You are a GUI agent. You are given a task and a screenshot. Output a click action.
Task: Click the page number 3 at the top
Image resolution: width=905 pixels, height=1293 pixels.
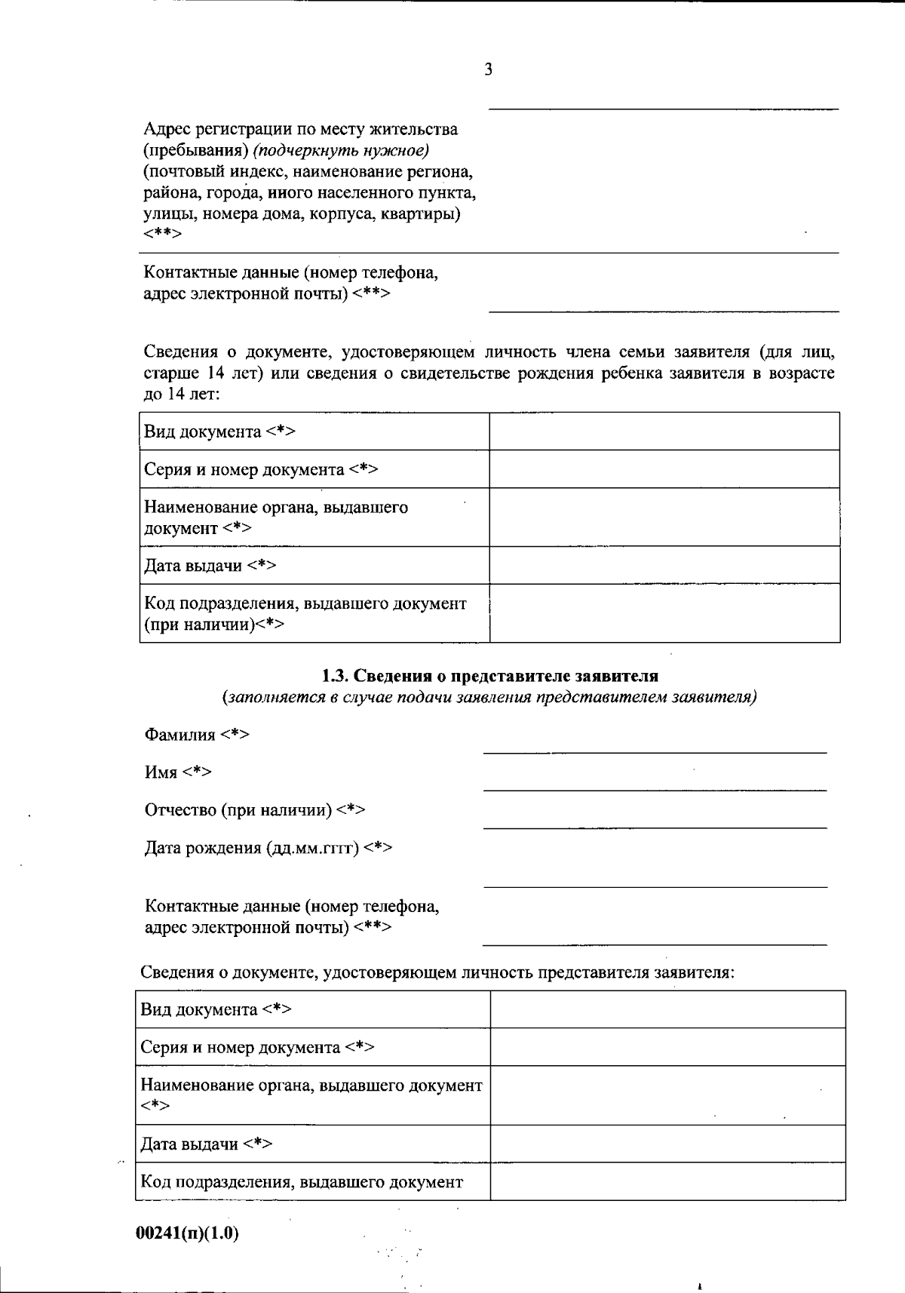pyautogui.click(x=488, y=70)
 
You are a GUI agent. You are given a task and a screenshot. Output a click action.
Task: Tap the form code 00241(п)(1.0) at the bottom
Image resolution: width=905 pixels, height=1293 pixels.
pyautogui.click(x=188, y=1233)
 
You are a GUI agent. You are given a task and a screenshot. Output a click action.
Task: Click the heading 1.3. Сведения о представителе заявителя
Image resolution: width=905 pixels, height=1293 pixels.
pyautogui.click(x=489, y=676)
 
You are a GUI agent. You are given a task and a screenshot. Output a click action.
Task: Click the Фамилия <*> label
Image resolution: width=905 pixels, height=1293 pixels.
pyautogui.click(x=197, y=735)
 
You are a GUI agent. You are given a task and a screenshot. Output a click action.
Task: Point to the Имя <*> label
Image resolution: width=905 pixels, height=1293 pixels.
pyautogui.click(x=178, y=772)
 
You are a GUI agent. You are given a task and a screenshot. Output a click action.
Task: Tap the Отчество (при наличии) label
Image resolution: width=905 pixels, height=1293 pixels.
pyautogui.click(x=255, y=810)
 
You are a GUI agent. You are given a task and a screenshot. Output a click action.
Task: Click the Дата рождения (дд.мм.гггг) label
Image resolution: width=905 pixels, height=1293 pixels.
pyautogui.click(x=268, y=848)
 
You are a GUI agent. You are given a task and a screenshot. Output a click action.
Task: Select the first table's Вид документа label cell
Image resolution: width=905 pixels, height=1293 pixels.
pyautogui.click(x=314, y=432)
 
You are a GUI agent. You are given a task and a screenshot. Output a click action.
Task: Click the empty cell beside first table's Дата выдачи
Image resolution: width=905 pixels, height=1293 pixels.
pyautogui.click(x=664, y=565)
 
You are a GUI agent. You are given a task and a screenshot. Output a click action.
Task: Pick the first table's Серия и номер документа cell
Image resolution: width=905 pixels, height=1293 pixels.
pyautogui.click(x=314, y=469)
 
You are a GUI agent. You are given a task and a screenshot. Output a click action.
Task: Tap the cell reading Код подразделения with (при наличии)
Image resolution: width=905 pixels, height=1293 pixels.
pyautogui.click(x=314, y=613)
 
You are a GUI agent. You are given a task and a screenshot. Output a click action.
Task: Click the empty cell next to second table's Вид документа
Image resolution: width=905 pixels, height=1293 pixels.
pyautogui.click(x=667, y=1009)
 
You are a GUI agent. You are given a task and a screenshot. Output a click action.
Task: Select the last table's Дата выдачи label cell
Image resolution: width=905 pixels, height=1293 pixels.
pyautogui.click(x=314, y=1144)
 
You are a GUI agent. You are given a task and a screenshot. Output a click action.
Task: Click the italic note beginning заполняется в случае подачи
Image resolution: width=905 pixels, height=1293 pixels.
pyautogui.click(x=489, y=697)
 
